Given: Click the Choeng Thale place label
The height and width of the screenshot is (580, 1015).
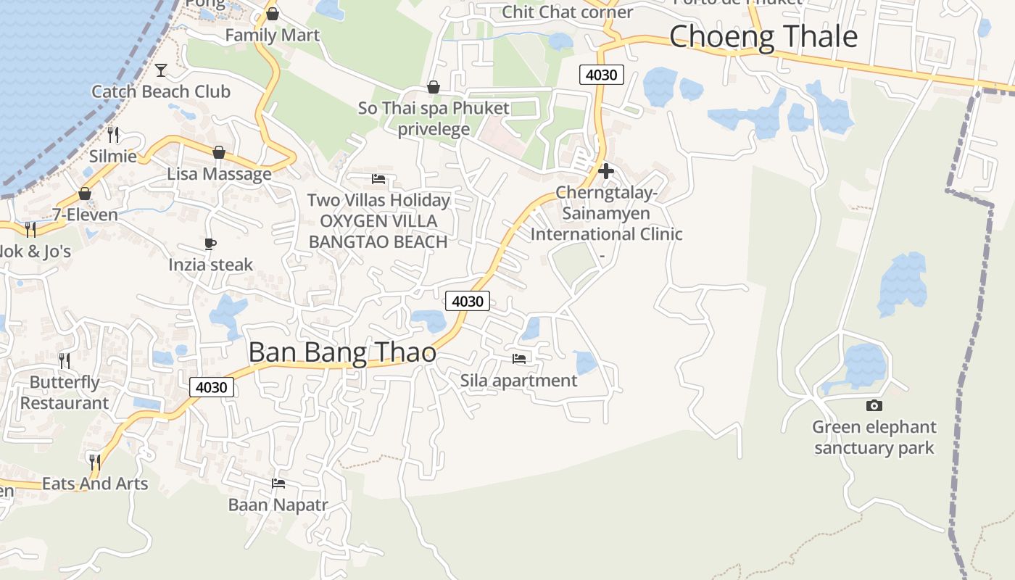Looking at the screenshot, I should point(763,36).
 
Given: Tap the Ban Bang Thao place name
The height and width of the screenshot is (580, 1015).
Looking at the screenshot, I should point(342,352).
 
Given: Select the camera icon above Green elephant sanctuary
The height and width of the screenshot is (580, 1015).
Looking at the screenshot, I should point(874,405).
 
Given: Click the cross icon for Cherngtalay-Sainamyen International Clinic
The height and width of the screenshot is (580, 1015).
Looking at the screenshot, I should point(606,172).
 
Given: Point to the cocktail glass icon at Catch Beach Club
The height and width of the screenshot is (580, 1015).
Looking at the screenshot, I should point(161,70).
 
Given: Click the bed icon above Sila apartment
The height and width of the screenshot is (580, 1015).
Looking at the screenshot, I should point(518,358).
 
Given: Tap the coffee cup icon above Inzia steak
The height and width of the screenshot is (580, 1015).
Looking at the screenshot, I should point(210,244).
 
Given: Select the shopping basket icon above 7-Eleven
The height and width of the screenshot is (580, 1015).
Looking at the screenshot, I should point(85,194).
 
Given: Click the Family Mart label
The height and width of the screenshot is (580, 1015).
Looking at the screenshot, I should point(272,35).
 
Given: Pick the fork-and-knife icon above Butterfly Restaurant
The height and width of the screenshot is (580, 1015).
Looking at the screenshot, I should point(65,360).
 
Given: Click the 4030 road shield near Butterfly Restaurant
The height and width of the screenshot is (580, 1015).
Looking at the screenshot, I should point(212,387).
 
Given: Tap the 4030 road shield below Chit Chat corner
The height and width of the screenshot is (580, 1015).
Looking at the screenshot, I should point(602,75).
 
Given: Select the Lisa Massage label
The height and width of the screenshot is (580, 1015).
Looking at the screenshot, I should point(219,174).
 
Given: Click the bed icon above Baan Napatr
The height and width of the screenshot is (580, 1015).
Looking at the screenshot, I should point(278,483).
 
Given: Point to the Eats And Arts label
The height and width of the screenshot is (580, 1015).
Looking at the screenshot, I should point(95,484).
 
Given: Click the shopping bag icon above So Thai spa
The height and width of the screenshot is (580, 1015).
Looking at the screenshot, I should point(434,87).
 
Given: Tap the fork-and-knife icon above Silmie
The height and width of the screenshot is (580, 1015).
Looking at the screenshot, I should point(113,135).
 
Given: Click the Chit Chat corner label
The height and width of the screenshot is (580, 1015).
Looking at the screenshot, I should point(568,12).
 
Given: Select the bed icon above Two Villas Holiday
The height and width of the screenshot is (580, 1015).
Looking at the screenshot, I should point(378,178).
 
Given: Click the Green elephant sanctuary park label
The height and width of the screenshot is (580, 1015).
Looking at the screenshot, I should point(874,437).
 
